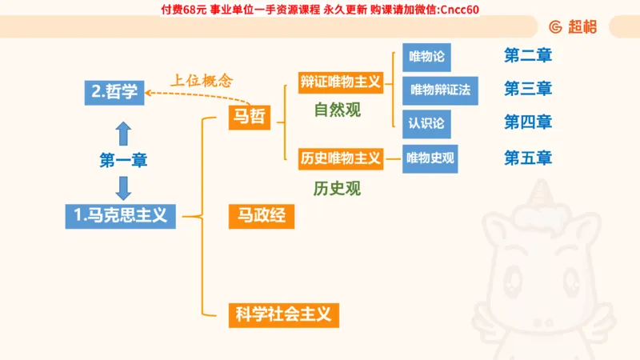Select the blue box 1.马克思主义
pos(120,214)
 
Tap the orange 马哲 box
pos(249,118)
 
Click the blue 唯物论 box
pos(426,57)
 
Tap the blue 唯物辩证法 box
pos(440,90)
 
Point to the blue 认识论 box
pos(426,123)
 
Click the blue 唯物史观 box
pos(430,158)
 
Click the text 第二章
pos(528,56)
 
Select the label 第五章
pos(528,158)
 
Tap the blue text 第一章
pos(123,160)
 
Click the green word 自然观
pos(338,110)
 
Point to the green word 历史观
pos(338,189)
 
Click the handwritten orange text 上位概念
pos(201,80)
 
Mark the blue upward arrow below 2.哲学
pos(123,132)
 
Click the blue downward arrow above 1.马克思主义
pos(123,187)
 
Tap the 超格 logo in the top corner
pos(574,26)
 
